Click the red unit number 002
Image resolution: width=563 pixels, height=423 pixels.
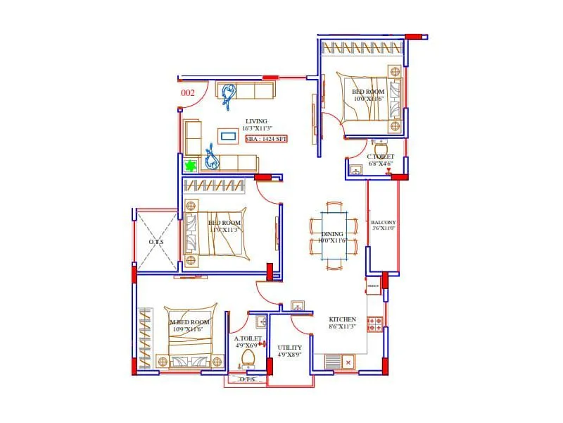[x=188, y=92]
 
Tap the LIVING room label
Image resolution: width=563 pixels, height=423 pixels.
[x=256, y=121]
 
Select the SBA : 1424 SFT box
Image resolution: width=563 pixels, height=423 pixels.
[x=266, y=140]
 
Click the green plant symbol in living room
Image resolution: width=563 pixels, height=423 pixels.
[x=190, y=166]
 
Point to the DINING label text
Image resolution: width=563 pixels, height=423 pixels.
[x=332, y=234]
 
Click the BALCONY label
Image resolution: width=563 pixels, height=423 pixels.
[x=384, y=222]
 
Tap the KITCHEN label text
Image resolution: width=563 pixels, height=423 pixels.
[x=343, y=319]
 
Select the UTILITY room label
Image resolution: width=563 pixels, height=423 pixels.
[x=290, y=348]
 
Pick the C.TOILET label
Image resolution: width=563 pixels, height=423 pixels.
[x=380, y=157]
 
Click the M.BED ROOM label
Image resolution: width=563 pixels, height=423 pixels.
[x=190, y=322]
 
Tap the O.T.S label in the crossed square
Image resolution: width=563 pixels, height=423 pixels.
[x=156, y=242]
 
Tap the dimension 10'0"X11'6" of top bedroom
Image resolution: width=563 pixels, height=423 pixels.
[x=369, y=99]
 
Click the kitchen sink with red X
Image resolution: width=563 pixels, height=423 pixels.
[x=348, y=362]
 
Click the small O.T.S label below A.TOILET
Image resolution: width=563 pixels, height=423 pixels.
[x=246, y=379]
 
